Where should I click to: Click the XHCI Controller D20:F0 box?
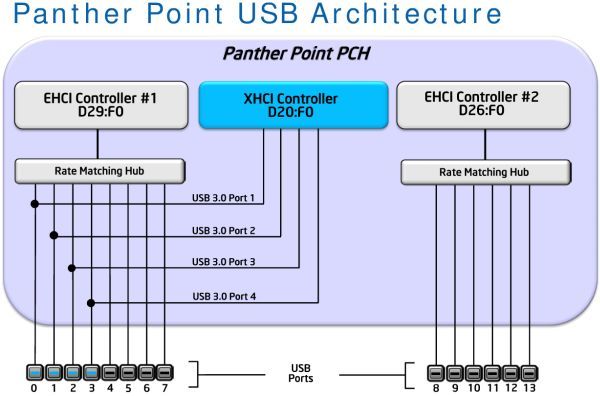click(292, 105)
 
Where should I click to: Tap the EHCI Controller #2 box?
click(483, 106)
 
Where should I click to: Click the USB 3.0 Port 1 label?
click(223, 196)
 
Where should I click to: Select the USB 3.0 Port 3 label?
click(223, 262)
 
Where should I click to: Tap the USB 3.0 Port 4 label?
click(223, 296)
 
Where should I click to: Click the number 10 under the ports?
click(474, 388)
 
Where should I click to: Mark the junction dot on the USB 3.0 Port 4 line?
click(92, 302)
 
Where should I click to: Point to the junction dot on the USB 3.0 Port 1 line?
click(35, 204)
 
